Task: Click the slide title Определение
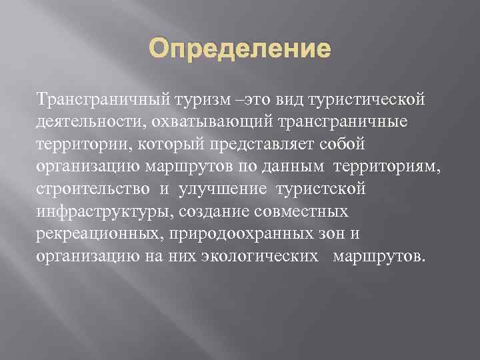point(240,49)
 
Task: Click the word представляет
point(268,145)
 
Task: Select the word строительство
point(93,189)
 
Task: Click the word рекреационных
point(102,234)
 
